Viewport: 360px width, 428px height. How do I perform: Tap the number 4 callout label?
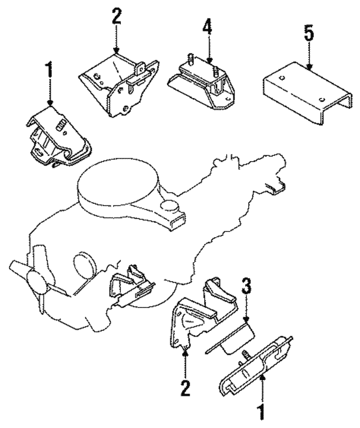[208, 28]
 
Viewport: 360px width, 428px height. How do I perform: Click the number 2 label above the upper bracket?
[116, 16]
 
